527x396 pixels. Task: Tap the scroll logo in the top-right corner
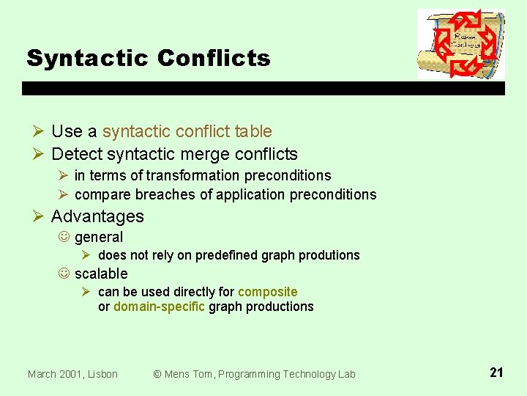(460, 44)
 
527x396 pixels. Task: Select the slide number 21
(496, 373)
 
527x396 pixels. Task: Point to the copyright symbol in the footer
(157, 374)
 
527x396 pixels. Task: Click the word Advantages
(97, 216)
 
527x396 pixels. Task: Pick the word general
(99, 238)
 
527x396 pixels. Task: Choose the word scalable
(101, 274)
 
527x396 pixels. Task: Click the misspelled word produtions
(330, 255)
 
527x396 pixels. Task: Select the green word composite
(268, 292)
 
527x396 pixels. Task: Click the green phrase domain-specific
(159, 307)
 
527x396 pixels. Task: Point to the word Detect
(77, 154)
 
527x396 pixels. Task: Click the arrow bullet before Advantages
(40, 216)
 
